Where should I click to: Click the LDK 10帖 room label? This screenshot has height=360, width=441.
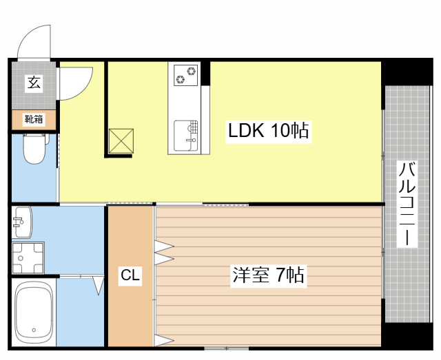point(268,130)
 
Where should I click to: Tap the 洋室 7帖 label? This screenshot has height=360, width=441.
point(268,275)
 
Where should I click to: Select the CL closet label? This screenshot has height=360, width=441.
point(130,276)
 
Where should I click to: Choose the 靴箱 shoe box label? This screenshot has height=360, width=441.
point(34,119)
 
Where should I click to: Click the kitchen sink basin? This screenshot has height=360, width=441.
point(185,134)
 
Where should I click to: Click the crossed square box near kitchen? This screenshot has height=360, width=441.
point(121,141)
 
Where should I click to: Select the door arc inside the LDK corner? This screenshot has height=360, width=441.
point(76,81)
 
